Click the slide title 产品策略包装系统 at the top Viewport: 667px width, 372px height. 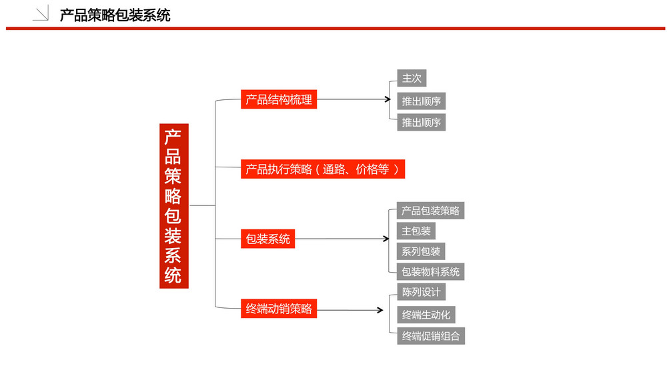tap(115, 15)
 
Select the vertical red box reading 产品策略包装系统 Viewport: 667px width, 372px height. tap(174, 206)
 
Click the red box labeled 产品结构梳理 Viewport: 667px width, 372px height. tap(279, 99)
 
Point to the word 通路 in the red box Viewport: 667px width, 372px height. tap(333, 169)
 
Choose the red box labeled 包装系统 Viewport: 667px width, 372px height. tap(267, 239)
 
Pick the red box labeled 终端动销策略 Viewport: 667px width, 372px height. tap(279, 309)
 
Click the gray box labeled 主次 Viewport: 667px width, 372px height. tap(412, 78)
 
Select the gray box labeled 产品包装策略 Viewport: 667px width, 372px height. tap(430, 211)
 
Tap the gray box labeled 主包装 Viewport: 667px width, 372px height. tap(416, 231)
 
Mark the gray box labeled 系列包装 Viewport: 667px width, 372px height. tap(421, 251)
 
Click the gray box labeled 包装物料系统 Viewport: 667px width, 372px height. tap(430, 271)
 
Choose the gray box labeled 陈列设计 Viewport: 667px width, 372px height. tap(421, 292)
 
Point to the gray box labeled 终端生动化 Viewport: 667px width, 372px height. tap(426, 315)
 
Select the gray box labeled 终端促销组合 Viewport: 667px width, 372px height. tap(431, 336)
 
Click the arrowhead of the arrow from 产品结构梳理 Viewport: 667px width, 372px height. tap(388, 99)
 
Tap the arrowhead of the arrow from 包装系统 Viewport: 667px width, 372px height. tap(386, 239)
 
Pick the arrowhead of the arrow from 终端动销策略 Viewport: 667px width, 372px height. tap(380, 311)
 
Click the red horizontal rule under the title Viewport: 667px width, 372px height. tap(336, 29)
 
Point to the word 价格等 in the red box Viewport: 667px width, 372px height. tap(372, 169)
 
